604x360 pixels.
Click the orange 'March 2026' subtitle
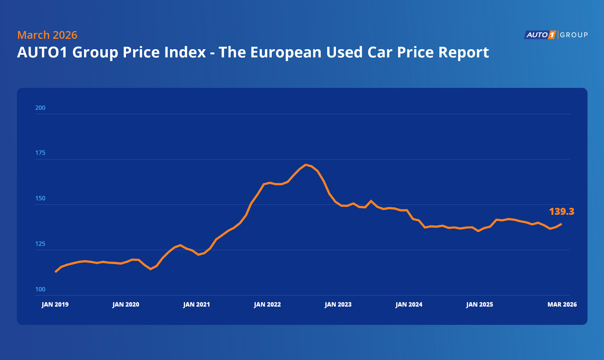point(47,35)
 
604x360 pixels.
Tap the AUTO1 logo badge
point(540,35)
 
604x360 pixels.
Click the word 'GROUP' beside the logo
point(574,35)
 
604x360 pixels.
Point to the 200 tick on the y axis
point(40,108)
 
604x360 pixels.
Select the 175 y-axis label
point(40,153)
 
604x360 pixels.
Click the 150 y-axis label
point(40,198)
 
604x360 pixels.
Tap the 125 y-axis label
point(40,244)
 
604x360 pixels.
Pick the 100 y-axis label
point(40,289)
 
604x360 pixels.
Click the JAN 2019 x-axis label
point(55,304)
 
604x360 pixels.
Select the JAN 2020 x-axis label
point(126,304)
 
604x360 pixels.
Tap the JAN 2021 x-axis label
point(196,304)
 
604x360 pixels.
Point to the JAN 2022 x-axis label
point(267,304)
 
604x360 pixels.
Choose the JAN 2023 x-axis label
point(338,304)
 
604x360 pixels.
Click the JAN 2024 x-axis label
point(409,304)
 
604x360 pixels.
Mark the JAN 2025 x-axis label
point(479,304)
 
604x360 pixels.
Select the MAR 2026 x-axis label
point(562,304)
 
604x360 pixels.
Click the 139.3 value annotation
point(561,212)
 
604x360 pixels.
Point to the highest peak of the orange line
point(306,165)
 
